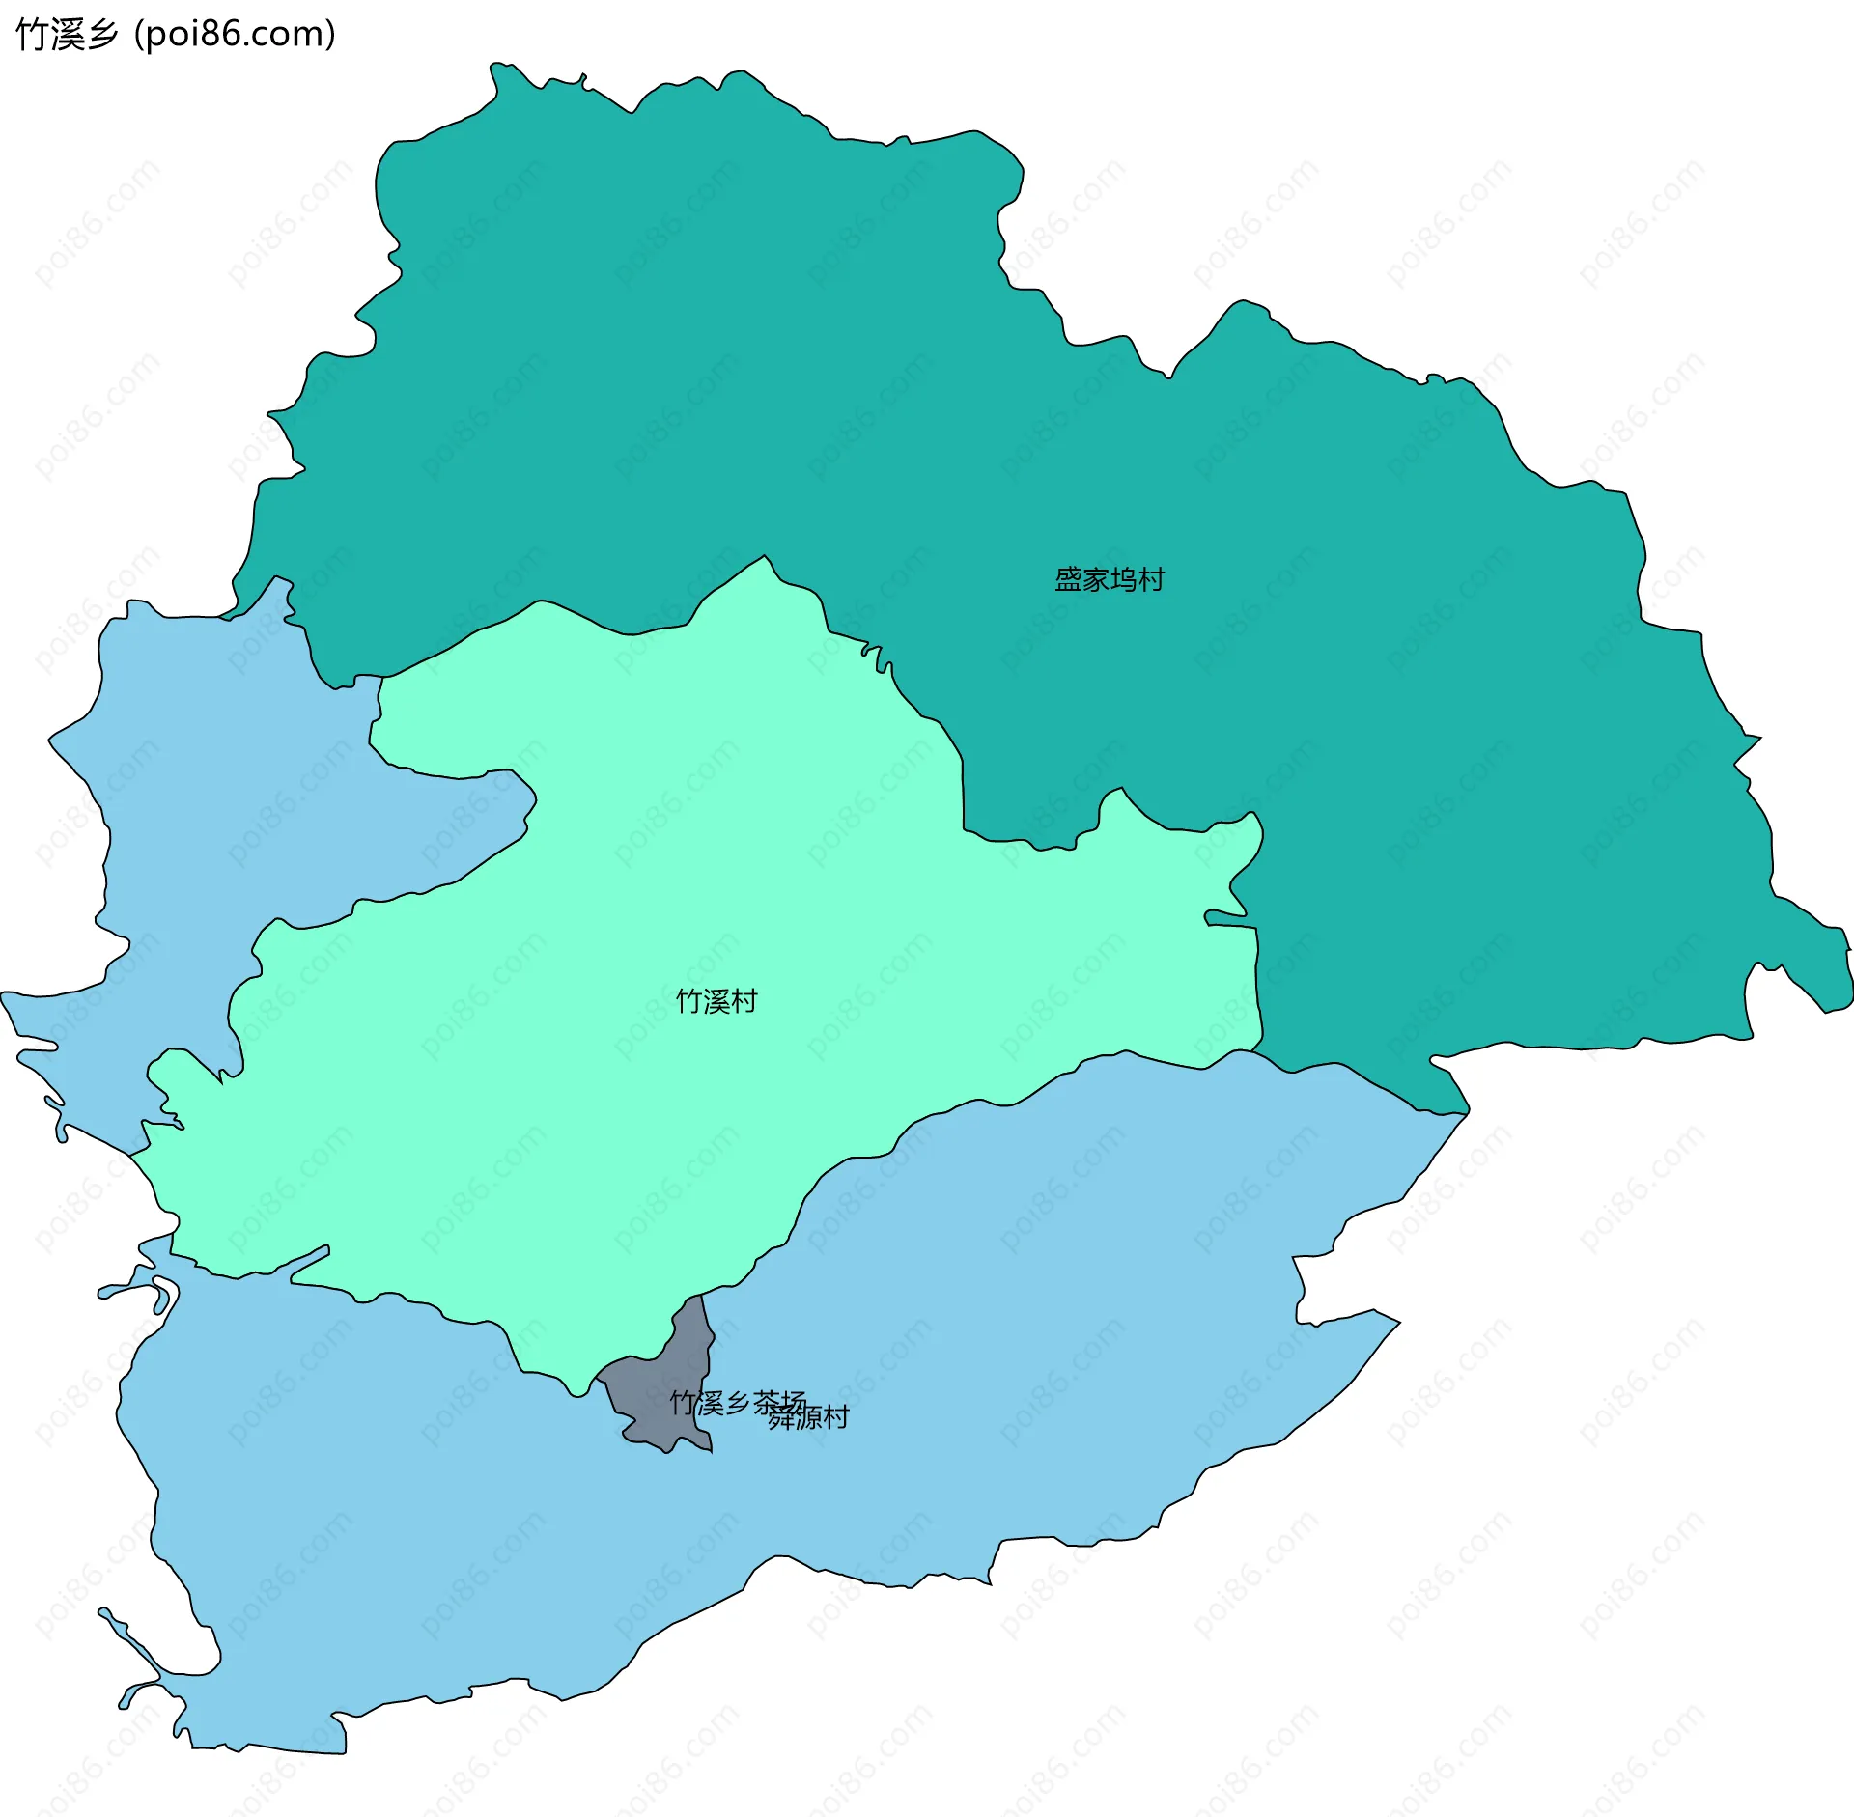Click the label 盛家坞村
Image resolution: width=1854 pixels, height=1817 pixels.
point(1109,579)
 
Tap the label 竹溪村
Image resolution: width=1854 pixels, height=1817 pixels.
point(716,1001)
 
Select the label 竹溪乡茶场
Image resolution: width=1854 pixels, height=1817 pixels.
point(738,1402)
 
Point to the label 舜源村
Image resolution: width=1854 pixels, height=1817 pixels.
point(809,1417)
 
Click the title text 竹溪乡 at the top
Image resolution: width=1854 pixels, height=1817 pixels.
point(67,34)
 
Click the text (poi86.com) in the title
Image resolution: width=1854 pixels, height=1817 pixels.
point(236,34)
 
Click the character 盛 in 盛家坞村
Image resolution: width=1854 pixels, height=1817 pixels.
point(1067,579)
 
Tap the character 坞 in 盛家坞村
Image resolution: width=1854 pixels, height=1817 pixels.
point(1123,579)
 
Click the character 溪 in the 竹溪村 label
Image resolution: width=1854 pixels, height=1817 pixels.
point(716,1001)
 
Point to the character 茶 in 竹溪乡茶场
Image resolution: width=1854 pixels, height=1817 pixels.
point(766,1402)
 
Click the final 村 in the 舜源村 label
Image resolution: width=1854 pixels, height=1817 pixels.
point(836,1417)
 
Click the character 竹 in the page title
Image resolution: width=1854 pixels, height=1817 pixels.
point(32,34)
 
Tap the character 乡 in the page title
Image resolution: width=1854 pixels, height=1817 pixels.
point(101,34)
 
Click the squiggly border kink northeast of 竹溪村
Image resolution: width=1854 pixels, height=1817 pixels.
point(874,657)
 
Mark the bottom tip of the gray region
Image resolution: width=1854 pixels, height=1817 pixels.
point(711,1451)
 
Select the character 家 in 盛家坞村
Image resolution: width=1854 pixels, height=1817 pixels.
point(1095,579)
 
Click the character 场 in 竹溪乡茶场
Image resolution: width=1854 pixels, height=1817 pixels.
point(794,1402)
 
